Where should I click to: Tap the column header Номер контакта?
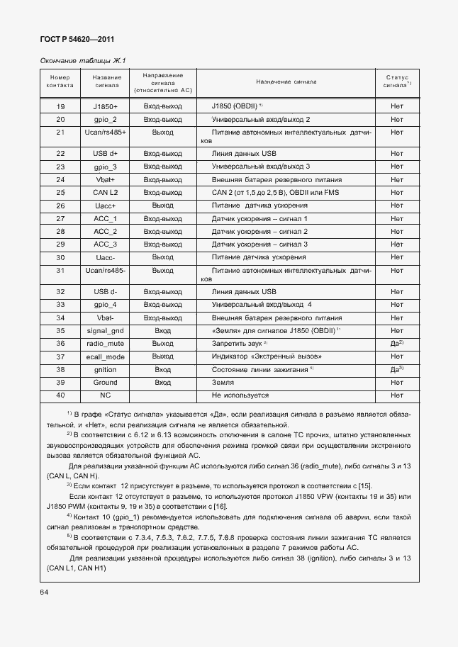click(x=60, y=81)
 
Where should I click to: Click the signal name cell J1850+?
click(x=106, y=106)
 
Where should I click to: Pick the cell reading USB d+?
click(x=106, y=153)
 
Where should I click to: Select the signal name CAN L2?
click(x=106, y=192)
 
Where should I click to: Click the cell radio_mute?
click(x=106, y=343)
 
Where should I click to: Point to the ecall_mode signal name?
click(x=106, y=356)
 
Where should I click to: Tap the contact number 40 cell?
click(x=60, y=395)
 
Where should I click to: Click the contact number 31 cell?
click(x=60, y=271)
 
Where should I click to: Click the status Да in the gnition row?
click(x=396, y=369)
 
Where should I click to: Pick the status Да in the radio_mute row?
click(x=396, y=343)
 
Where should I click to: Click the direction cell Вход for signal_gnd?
click(x=162, y=330)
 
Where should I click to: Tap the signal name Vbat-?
click(x=106, y=317)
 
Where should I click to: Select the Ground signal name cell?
click(x=106, y=382)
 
